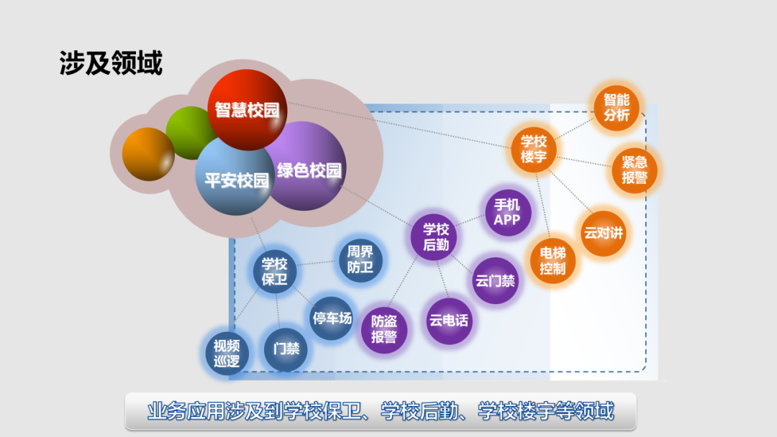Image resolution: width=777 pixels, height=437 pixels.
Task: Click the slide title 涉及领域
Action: point(111,64)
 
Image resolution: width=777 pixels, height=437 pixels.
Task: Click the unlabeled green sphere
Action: point(188,131)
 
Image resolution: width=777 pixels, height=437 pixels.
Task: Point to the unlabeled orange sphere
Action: point(147,154)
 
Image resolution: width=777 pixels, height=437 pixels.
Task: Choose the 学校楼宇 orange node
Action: point(534,149)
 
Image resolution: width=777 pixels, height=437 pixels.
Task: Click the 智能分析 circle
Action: point(616,108)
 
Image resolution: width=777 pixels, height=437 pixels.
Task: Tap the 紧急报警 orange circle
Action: point(634,170)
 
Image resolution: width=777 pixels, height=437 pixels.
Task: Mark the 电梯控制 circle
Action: point(553,262)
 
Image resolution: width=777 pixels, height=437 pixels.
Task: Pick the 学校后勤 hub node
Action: point(435,237)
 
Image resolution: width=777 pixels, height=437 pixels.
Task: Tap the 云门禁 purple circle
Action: point(495,280)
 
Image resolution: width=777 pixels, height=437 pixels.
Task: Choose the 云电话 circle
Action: point(448,320)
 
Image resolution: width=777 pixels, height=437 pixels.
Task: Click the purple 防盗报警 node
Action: point(383,330)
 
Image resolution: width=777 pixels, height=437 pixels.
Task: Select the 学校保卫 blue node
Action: point(274,272)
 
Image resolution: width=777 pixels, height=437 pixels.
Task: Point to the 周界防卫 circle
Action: point(360,259)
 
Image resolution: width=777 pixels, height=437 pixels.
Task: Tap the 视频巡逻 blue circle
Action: point(226,353)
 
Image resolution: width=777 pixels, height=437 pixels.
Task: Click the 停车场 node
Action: point(331,318)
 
